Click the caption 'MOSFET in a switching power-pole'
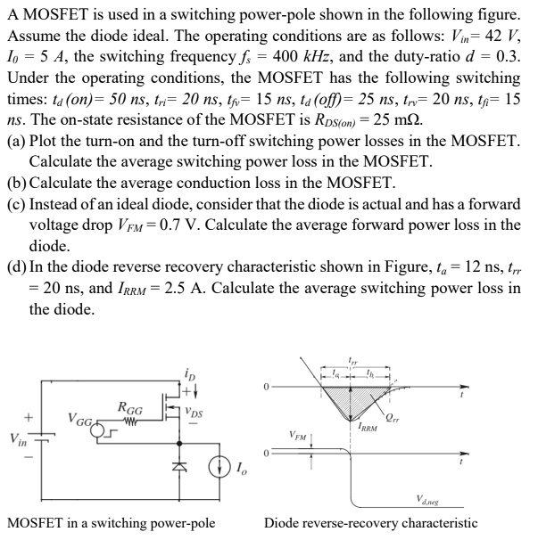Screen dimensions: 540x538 (x=112, y=523)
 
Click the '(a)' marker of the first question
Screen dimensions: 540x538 (x=16, y=143)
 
